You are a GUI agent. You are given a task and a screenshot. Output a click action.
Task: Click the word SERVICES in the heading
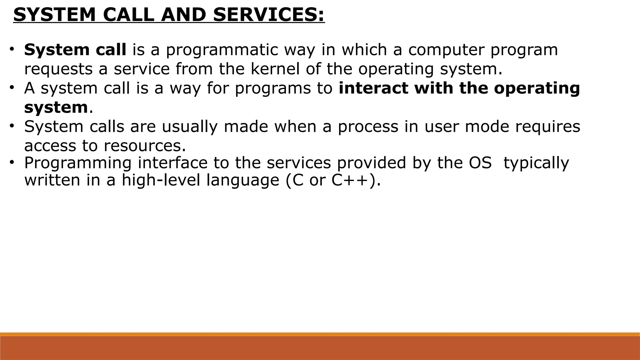click(x=269, y=15)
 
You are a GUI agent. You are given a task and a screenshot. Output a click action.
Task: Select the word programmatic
click(x=222, y=50)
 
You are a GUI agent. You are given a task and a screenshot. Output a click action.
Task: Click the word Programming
click(x=78, y=163)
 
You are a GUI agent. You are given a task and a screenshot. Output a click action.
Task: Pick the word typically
click(x=536, y=163)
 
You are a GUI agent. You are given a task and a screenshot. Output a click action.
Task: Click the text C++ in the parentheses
click(x=350, y=180)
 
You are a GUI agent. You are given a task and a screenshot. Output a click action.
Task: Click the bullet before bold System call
click(x=12, y=49)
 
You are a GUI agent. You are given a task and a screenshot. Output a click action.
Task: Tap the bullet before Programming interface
click(x=12, y=162)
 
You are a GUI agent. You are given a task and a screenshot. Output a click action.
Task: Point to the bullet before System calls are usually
click(x=12, y=126)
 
